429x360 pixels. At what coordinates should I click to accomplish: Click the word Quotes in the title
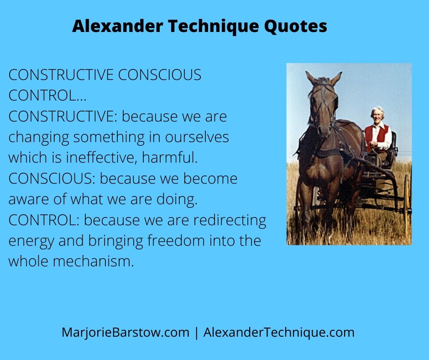tap(295, 26)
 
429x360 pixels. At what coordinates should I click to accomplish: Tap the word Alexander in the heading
tap(118, 26)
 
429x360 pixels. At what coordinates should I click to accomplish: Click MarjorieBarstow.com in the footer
tap(126, 332)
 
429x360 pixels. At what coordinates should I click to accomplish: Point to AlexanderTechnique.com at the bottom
tap(279, 332)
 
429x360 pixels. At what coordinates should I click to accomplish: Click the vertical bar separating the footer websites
tap(196, 333)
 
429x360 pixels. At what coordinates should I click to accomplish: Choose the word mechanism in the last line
tap(93, 261)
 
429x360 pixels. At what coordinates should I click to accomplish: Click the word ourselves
tap(197, 137)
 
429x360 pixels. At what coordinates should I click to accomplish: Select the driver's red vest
tap(377, 137)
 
